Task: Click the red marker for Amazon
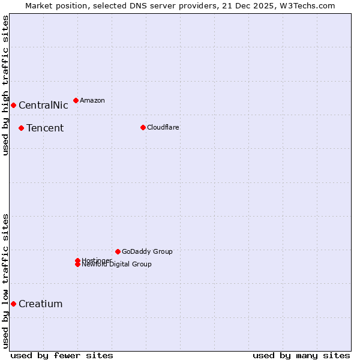(76, 100)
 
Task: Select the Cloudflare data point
(143, 127)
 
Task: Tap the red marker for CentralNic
(13, 106)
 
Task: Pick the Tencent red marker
(21, 128)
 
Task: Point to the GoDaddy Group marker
(118, 251)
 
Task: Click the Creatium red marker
(13, 304)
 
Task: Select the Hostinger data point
(77, 260)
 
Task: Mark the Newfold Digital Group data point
(77, 265)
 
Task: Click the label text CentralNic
(43, 106)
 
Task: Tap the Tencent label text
(45, 128)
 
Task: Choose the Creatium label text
(40, 304)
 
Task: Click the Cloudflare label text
(163, 127)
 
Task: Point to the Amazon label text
(92, 100)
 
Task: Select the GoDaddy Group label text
(147, 251)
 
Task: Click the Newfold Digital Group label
(117, 265)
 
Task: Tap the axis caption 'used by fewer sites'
(62, 355)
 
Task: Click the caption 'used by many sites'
(301, 355)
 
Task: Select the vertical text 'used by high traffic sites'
(5, 85)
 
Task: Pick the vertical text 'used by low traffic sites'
(5, 281)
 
